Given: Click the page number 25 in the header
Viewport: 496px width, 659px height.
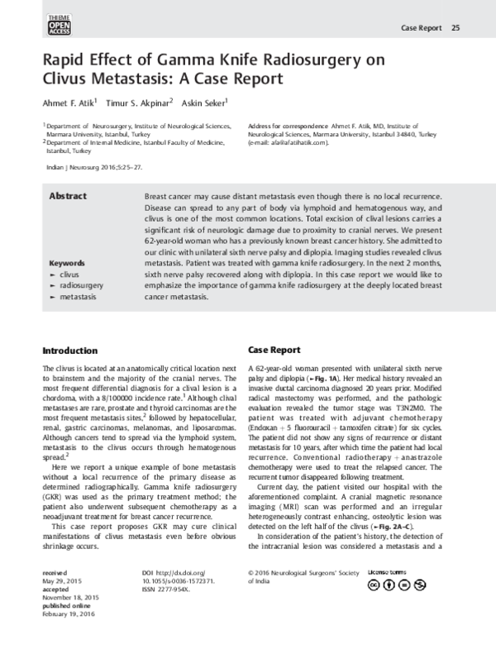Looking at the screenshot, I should (x=455, y=28).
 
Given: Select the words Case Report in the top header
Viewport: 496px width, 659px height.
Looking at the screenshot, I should (x=422, y=28).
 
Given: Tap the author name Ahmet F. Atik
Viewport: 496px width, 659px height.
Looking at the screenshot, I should (x=69, y=103).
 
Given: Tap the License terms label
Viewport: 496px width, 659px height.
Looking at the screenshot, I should (x=387, y=594).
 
